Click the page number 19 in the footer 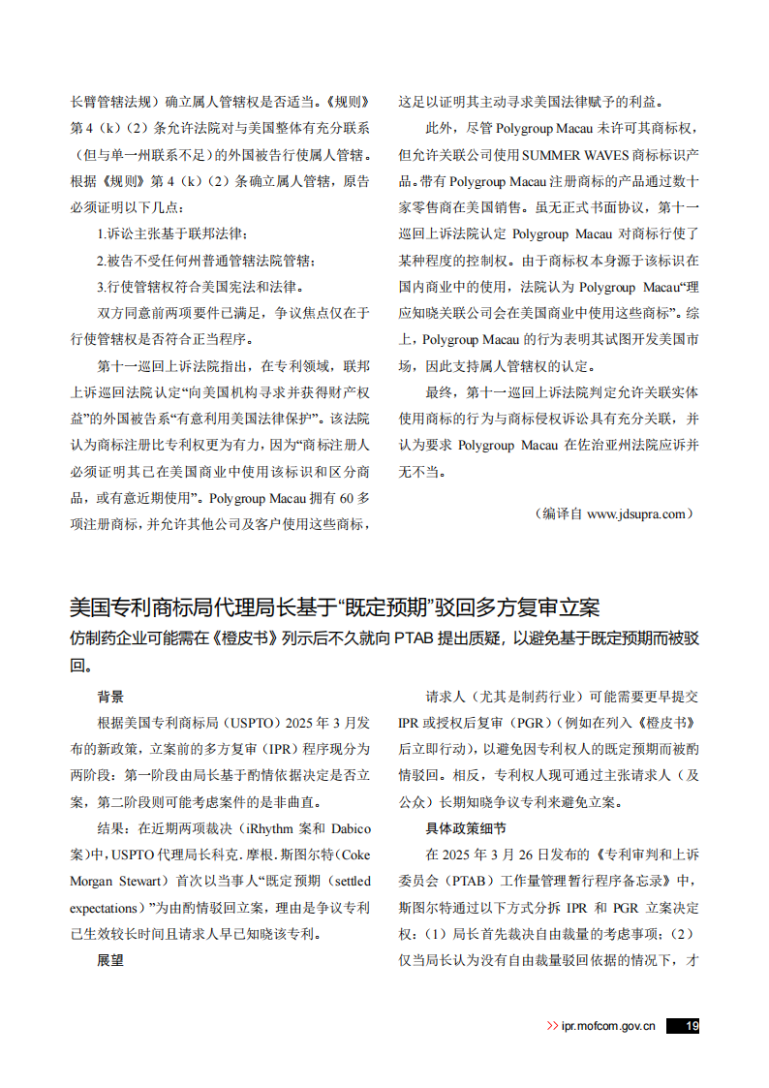click(691, 1026)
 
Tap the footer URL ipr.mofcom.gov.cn click(608, 1026)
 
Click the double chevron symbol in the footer click(552, 1026)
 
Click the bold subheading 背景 click(110, 697)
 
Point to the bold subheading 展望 click(110, 960)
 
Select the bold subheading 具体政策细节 click(465, 829)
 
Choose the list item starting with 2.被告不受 click(205, 260)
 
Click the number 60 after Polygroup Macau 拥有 click(347, 498)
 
